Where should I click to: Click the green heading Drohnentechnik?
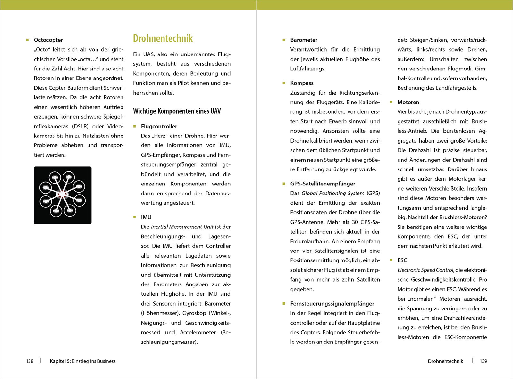tap(163, 38)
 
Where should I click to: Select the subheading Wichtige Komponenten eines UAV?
tap(177, 111)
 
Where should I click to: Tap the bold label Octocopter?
tap(48, 40)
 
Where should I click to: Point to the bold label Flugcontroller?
tap(159, 126)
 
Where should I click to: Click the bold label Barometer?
tap(304, 40)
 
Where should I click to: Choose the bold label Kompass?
tap(302, 83)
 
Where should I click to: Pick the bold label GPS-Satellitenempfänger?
tap(323, 184)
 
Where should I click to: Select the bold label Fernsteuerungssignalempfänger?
tap(332, 303)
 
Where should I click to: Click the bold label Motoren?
tap(408, 102)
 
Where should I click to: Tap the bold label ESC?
tap(402, 260)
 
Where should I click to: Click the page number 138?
tap(30, 361)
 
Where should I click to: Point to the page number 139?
tap(483, 361)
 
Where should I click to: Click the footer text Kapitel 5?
tap(60, 361)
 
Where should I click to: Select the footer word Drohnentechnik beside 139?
tap(445, 361)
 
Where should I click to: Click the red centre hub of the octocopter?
tap(62, 194)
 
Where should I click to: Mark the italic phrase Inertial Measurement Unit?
tap(182, 227)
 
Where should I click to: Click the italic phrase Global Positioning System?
tap(333, 193)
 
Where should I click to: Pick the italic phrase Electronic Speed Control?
tap(425, 270)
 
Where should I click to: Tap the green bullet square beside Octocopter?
tap(28, 40)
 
